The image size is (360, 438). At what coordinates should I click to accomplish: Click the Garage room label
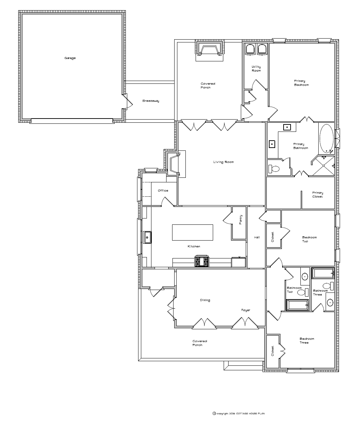[x=70, y=58]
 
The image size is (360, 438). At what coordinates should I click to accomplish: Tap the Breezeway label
[x=151, y=101]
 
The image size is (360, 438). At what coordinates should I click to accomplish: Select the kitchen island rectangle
[x=192, y=233]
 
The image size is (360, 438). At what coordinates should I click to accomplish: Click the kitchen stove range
[x=202, y=261]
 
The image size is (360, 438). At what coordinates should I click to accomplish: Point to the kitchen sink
[x=147, y=237]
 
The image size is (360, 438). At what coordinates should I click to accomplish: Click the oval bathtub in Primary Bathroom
[x=326, y=139]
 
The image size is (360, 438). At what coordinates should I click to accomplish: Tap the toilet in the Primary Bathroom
[x=274, y=169]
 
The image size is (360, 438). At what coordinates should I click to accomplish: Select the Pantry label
[x=240, y=220]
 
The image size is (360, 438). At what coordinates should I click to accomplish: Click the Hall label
[x=257, y=237]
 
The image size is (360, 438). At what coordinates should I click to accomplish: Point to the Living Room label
[x=223, y=162]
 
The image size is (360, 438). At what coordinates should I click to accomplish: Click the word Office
[x=163, y=190]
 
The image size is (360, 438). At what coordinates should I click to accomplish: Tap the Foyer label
[x=246, y=310]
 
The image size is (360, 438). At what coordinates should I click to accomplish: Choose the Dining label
[x=205, y=300]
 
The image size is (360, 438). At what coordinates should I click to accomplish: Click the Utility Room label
[x=256, y=69]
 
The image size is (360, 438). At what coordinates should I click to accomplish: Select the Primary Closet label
[x=318, y=195]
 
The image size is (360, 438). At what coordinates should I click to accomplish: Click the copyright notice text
[x=239, y=413]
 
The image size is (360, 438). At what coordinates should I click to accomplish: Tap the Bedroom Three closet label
[x=273, y=351]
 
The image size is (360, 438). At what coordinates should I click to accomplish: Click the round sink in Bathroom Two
[x=305, y=276]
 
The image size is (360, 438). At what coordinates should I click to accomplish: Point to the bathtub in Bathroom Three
[x=323, y=273]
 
